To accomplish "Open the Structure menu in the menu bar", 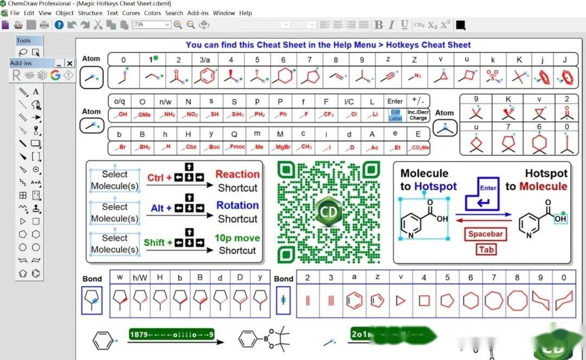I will coord(90,13).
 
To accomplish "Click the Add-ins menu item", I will coord(198,13).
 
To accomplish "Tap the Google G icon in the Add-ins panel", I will coord(55,75).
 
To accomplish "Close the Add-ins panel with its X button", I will coord(69,63).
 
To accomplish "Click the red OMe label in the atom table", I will coord(143,115).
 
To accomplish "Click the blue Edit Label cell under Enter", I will coord(395,115).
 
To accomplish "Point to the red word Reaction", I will coord(237,174).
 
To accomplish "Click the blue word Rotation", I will coord(237,205).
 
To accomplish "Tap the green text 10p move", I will coord(237,238).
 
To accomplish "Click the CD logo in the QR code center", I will coord(328,211).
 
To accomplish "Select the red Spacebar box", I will coord(486,234).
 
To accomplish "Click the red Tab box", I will coord(486,249).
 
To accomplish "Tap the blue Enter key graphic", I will coord(487,194).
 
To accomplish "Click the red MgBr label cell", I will coord(281,147).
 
